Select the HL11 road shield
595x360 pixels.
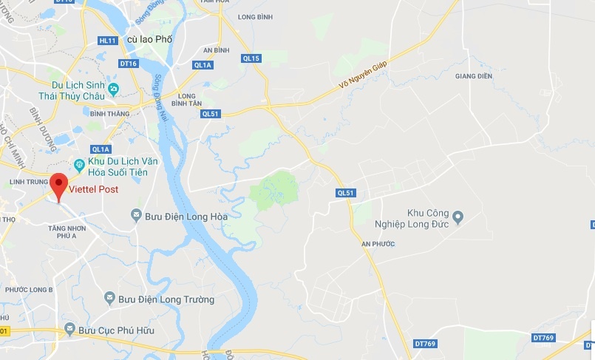pos(108,40)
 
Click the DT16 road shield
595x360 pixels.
pos(129,64)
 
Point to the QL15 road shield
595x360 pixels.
pos(251,58)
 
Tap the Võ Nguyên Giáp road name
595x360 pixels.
pos(363,75)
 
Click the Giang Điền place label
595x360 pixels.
pos(473,75)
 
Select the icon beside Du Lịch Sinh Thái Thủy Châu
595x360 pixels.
pos(113,89)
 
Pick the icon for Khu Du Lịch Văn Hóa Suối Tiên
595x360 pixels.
pos(79,163)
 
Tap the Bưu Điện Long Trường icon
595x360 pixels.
pos(109,299)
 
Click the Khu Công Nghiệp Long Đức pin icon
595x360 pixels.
pos(458,217)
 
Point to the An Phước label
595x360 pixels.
pos(378,243)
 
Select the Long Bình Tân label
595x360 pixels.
pos(191,100)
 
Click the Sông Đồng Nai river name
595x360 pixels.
pos(157,94)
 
